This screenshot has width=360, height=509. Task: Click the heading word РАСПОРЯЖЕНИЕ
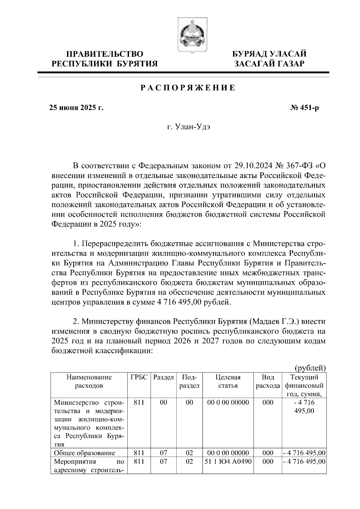(x=188, y=88)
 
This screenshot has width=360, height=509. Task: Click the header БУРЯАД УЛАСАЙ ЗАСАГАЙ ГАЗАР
(x=270, y=59)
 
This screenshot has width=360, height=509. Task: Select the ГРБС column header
(x=139, y=377)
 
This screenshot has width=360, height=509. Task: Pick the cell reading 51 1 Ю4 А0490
(x=228, y=462)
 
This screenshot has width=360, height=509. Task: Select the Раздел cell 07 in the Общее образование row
(x=163, y=453)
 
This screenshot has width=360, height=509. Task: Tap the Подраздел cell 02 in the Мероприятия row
(x=189, y=462)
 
